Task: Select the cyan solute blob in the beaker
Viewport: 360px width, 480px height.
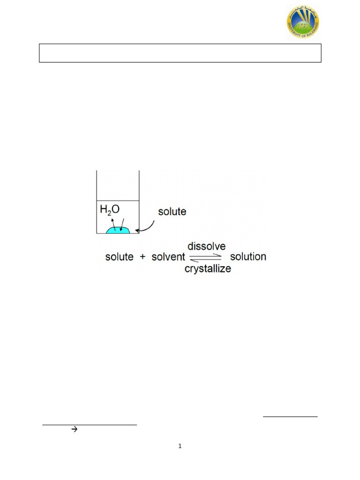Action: (118, 230)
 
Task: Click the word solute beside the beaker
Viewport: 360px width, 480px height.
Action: (172, 211)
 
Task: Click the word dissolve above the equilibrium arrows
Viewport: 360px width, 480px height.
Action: (207, 246)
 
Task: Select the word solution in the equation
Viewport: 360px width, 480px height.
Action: (248, 257)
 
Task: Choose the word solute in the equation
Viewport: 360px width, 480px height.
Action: (119, 257)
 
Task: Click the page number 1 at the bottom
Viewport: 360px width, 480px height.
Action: (180, 446)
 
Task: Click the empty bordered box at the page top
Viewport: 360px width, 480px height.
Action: (180, 53)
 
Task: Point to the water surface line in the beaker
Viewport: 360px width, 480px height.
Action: (118, 201)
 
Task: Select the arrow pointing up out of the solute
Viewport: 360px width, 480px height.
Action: (113, 222)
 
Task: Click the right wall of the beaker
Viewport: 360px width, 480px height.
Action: (139, 202)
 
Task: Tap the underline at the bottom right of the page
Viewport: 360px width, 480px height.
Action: (290, 416)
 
